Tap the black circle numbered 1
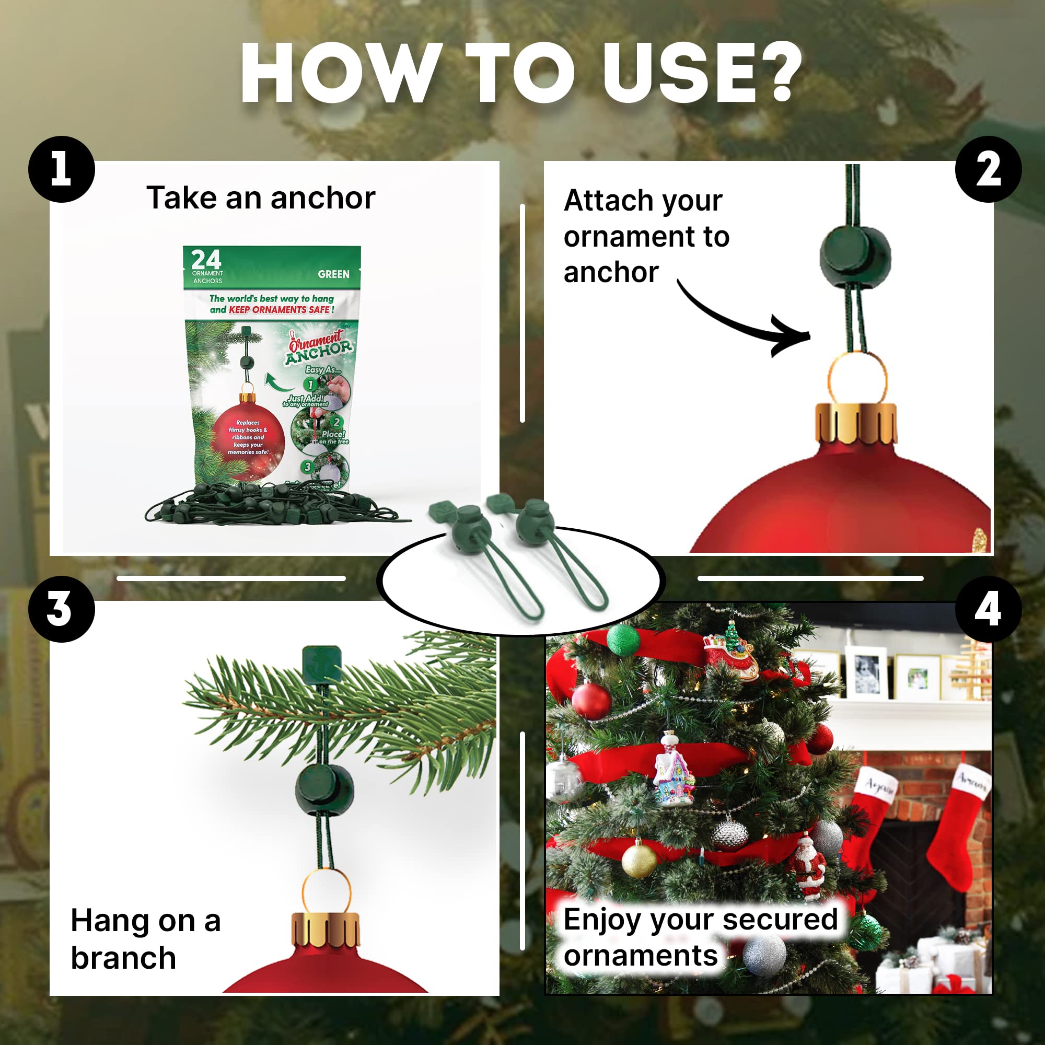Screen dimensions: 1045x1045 tap(61, 169)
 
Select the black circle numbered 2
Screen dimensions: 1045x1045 tap(988, 169)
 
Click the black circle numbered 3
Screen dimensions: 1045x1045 tap(61, 609)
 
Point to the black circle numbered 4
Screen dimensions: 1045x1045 tap(988, 609)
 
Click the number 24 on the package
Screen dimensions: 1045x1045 tap(206, 260)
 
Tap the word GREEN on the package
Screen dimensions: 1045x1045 tap(333, 274)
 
